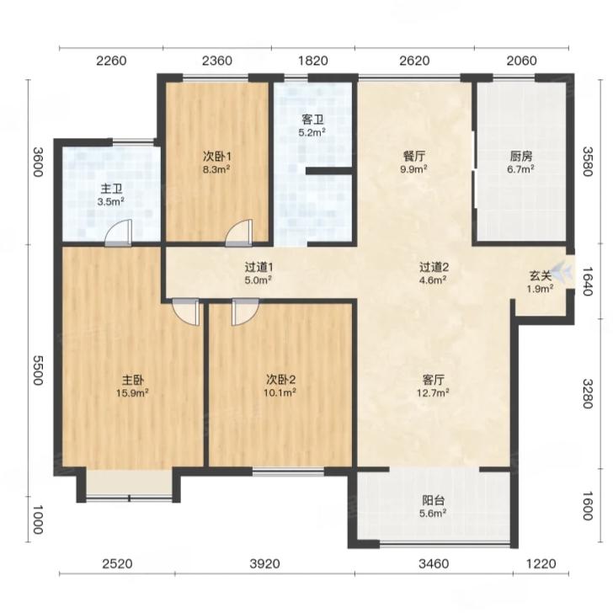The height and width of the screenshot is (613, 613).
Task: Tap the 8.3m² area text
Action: tap(216, 170)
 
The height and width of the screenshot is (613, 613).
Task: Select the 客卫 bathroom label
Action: tap(312, 120)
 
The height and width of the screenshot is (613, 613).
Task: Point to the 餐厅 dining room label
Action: tap(414, 157)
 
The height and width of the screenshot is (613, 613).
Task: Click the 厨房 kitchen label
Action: tap(520, 157)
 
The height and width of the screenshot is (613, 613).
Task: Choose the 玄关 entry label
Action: tap(541, 276)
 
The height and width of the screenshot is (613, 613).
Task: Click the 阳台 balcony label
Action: tap(434, 500)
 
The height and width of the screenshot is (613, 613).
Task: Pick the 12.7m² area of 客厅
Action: tap(433, 393)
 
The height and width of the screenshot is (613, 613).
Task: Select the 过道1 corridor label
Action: tap(259, 268)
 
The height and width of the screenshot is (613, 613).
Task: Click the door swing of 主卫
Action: tap(118, 233)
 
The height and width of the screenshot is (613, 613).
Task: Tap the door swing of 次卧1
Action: tap(239, 233)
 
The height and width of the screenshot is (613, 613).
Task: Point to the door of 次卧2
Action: tap(245, 312)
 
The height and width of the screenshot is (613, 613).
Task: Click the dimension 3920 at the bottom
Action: tap(265, 563)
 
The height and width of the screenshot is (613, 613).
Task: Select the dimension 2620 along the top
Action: tap(414, 61)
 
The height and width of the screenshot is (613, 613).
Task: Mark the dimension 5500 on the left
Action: tap(38, 370)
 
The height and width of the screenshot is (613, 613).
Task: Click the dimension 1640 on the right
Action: tap(588, 281)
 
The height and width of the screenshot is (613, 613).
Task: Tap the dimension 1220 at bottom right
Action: tap(541, 563)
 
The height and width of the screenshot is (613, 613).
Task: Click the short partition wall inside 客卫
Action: tap(329, 171)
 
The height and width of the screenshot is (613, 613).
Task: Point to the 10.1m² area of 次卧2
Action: tap(280, 392)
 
